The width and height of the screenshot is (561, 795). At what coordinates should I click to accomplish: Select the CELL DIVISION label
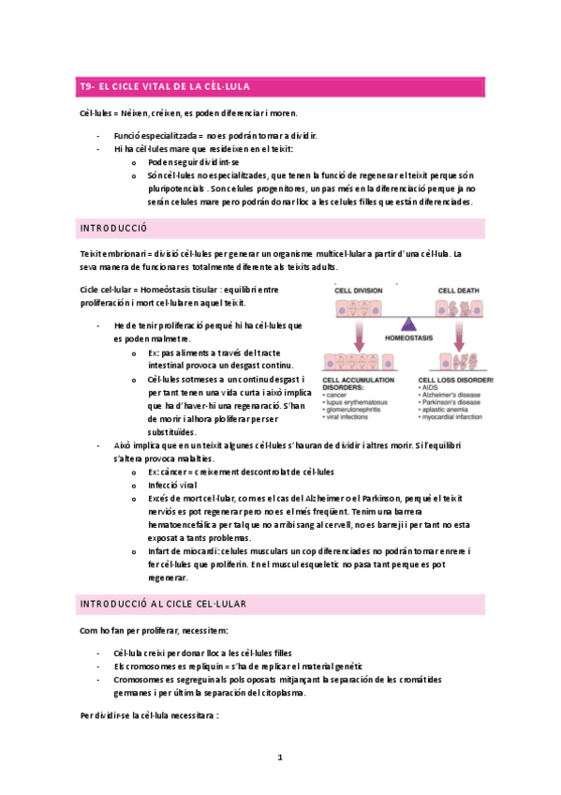355,291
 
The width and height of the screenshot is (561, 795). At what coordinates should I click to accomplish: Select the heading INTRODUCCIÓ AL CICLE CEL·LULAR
163,603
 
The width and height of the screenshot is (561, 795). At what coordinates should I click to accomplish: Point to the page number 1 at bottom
280,757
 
